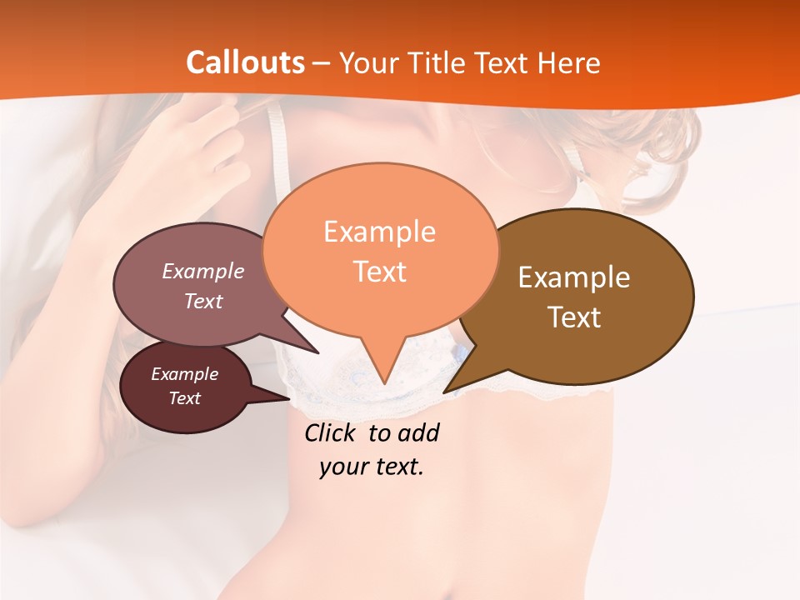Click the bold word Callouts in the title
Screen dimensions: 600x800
245,62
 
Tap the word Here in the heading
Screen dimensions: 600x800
569,62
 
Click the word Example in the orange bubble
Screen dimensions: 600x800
379,232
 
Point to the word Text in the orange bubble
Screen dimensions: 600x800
379,272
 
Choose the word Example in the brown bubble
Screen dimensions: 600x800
574,277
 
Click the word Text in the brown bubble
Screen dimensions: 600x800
574,317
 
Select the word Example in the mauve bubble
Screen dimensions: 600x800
203,271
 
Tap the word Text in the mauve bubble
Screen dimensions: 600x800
203,301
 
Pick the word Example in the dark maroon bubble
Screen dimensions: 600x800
184,374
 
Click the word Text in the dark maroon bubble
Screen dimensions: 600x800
184,398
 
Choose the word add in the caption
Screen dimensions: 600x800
419,433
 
